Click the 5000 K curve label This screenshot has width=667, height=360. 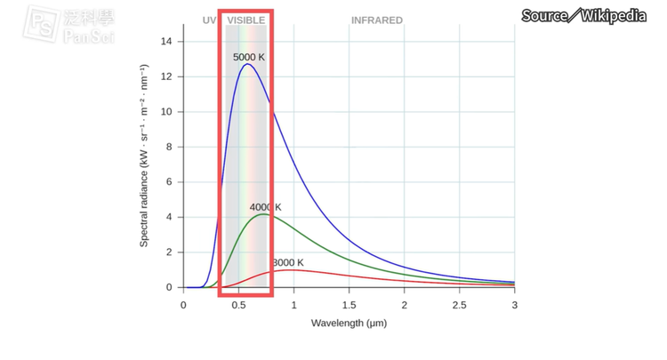(x=249, y=57)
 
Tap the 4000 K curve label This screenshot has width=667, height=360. (x=265, y=207)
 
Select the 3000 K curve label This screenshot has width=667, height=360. (x=288, y=262)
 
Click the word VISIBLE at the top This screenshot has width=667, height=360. (x=245, y=20)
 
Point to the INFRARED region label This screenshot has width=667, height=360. (x=376, y=20)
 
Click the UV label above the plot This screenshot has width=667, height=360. (x=209, y=20)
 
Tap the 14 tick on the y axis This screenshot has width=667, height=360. (x=166, y=42)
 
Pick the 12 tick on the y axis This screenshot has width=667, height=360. (x=166, y=76)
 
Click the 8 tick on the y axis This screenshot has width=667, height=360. (x=169, y=147)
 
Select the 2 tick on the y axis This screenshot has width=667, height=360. (x=169, y=252)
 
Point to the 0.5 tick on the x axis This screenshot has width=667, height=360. (x=238, y=305)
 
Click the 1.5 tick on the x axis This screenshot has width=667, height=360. (x=349, y=305)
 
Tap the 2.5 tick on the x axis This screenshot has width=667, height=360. (x=459, y=305)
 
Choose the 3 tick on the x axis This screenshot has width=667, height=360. (x=514, y=305)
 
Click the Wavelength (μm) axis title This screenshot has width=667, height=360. (x=349, y=323)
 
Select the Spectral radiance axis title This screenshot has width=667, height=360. (x=144, y=156)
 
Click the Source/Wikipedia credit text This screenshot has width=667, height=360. (x=583, y=15)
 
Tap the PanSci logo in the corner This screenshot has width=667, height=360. (x=67, y=24)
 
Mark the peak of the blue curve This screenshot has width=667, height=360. (x=247, y=64)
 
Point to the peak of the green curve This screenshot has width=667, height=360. (x=262, y=214)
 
